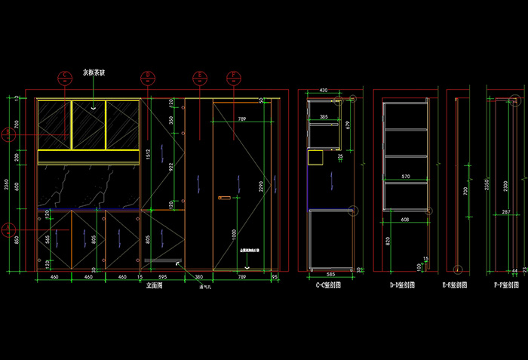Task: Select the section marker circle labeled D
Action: click(148, 76)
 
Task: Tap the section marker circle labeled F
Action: click(233, 76)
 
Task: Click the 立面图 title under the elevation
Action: click(155, 286)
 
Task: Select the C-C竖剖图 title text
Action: click(328, 286)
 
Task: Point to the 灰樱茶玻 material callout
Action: click(94, 73)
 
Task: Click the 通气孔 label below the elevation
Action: click(203, 288)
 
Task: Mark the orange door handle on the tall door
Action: click(224, 198)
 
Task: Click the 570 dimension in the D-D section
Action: click(405, 177)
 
